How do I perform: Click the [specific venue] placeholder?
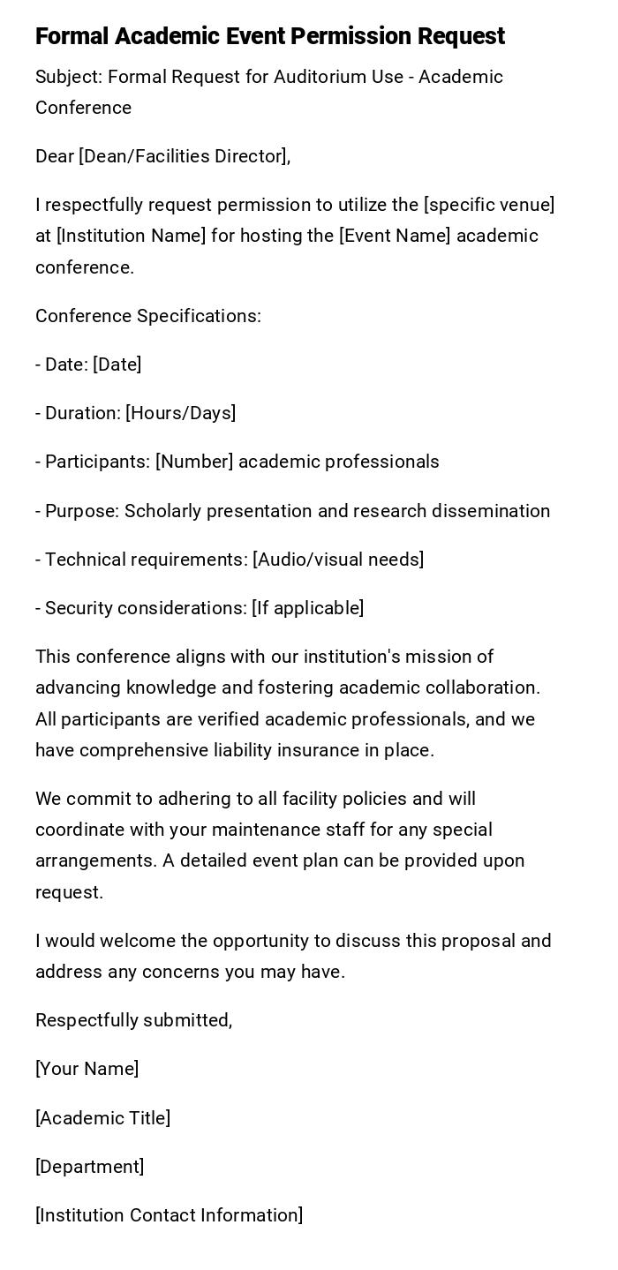coord(489,206)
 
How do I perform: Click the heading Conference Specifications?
coord(148,316)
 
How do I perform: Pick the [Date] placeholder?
coord(117,364)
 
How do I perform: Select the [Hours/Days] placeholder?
coord(180,413)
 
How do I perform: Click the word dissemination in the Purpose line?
coord(498,511)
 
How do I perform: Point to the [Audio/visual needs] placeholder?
coord(338,560)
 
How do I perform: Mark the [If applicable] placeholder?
coord(307,608)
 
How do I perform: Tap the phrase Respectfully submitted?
coord(134,1020)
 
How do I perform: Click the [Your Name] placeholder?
coord(87,1069)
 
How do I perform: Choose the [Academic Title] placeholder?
coord(102,1118)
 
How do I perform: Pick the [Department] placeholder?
coord(89,1167)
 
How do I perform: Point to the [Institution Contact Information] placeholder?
coord(169,1215)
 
